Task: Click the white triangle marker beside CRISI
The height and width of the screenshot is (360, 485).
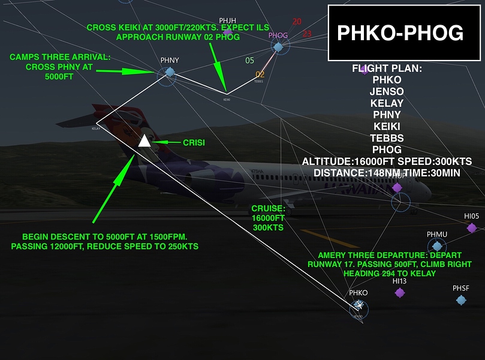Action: pyautogui.click(x=144, y=141)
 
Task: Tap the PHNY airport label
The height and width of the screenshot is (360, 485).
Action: pyautogui.click(x=170, y=61)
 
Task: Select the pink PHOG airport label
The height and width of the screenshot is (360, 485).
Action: pyautogui.click(x=278, y=35)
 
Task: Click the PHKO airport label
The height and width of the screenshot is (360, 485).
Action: pyautogui.click(x=358, y=293)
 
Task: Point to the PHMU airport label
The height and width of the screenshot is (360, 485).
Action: pyautogui.click(x=437, y=234)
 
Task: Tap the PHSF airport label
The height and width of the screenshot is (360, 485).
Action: pyautogui.click(x=461, y=288)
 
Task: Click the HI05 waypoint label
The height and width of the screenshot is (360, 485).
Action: pyautogui.click(x=472, y=216)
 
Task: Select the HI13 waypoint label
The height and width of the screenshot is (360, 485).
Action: pyautogui.click(x=399, y=281)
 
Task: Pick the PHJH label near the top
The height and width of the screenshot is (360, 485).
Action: pyautogui.click(x=228, y=21)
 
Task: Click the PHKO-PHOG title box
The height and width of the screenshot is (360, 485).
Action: pyautogui.click(x=400, y=33)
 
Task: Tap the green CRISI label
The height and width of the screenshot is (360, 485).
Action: pyautogui.click(x=194, y=142)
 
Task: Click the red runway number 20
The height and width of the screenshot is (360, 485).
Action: pyautogui.click(x=297, y=22)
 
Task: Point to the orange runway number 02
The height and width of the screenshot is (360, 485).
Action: pyautogui.click(x=260, y=74)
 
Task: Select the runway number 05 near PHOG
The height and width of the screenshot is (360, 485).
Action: pyautogui.click(x=250, y=60)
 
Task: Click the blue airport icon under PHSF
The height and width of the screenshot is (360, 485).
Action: pyautogui.click(x=460, y=299)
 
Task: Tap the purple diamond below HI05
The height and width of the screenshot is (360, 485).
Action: pyautogui.click(x=472, y=228)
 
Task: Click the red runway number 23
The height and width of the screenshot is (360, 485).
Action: pyautogui.click(x=307, y=34)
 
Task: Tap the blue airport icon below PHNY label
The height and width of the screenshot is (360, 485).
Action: pyautogui.click(x=170, y=72)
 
